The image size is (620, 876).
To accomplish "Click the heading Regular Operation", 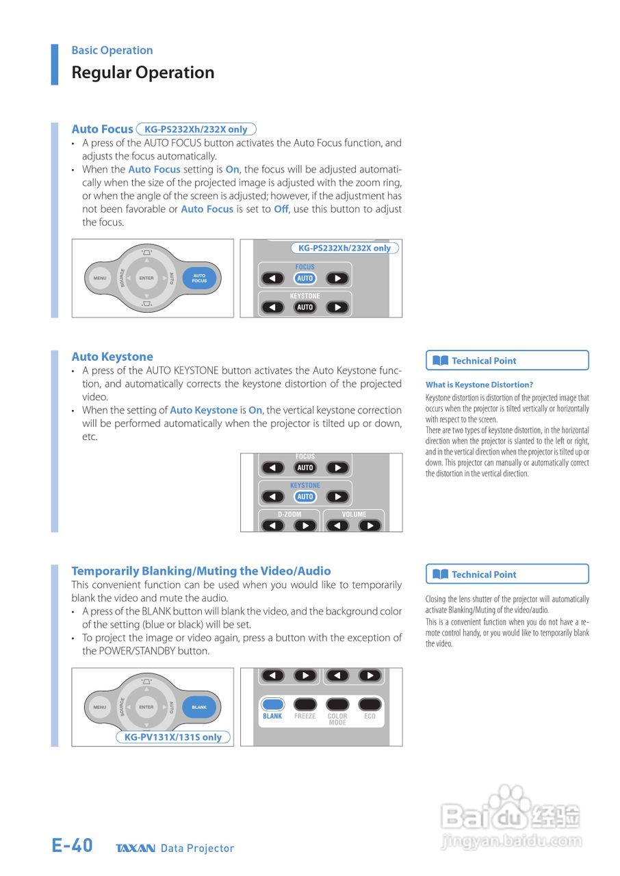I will click(x=143, y=73).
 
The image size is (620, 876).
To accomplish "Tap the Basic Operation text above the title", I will click(x=112, y=50).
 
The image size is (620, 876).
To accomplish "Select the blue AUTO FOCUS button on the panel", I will click(x=199, y=279).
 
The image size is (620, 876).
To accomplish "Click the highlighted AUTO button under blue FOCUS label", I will click(x=305, y=279).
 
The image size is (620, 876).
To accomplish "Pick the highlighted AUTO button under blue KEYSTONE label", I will click(x=305, y=497).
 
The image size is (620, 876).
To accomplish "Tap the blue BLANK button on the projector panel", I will click(x=199, y=707).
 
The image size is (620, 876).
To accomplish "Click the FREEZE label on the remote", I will click(x=305, y=717).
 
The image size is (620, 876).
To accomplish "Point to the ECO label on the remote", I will click(x=370, y=717).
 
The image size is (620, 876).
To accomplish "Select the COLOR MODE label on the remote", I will click(x=337, y=719).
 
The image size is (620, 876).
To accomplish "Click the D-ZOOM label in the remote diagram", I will click(x=289, y=514).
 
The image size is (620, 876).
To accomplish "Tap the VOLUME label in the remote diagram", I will click(x=354, y=514).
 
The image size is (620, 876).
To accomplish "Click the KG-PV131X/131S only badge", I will click(x=173, y=738).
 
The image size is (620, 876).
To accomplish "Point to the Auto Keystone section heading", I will click(x=112, y=357).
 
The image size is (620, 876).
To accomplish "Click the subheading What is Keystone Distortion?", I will click(x=479, y=385).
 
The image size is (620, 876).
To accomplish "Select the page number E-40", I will click(x=73, y=846).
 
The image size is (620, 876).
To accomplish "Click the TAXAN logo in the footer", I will click(x=135, y=849).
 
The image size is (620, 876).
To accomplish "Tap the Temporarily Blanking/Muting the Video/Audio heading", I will click(x=201, y=571).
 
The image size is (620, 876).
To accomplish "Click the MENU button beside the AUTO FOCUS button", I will click(x=100, y=279).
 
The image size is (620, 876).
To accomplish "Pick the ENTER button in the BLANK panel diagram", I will click(x=146, y=707).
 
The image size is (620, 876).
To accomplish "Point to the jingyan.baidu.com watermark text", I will click(x=512, y=841).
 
